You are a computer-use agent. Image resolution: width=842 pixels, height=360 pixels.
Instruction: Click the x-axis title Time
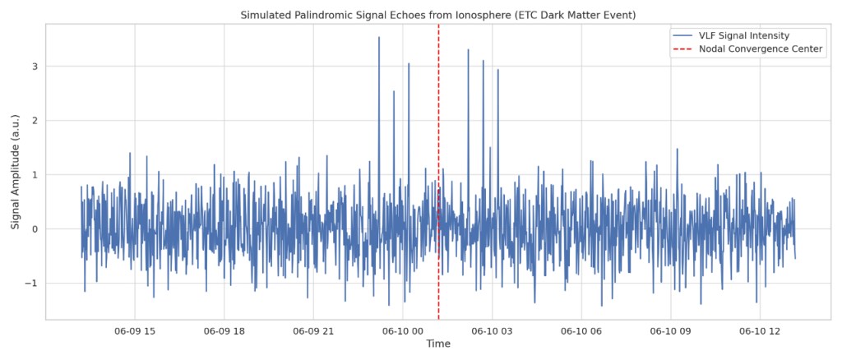(437, 344)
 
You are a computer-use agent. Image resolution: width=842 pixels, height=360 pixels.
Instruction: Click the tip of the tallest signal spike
(379, 37)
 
